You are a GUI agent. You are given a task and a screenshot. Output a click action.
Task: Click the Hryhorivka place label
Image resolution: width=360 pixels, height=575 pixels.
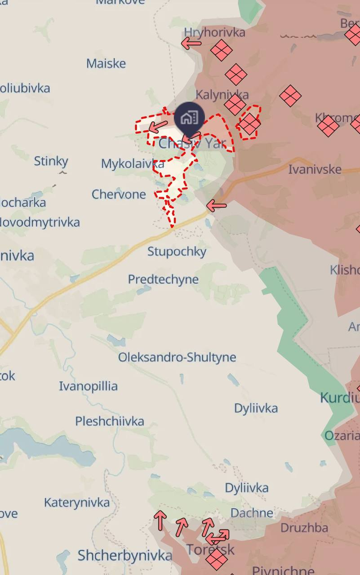click(215, 32)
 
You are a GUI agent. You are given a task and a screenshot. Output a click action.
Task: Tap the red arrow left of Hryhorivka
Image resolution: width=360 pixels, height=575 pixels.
click(191, 44)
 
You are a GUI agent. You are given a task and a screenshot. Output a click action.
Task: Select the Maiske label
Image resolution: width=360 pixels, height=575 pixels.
click(106, 63)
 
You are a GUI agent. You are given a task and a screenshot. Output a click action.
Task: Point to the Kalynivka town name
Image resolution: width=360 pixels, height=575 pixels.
click(222, 94)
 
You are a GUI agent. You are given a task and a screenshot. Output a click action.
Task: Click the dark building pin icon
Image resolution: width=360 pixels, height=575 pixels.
click(190, 119)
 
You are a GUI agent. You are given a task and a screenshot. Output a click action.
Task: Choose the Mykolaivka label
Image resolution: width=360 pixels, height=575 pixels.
click(132, 164)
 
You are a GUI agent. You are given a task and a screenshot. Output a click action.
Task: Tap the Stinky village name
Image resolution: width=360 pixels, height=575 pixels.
click(51, 161)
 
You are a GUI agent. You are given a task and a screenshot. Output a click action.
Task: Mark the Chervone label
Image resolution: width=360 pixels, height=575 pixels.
click(119, 195)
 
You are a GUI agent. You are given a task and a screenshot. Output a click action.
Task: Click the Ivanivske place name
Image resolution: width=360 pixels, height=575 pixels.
click(315, 169)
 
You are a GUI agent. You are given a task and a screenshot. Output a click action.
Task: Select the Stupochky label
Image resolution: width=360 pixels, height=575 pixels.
click(177, 252)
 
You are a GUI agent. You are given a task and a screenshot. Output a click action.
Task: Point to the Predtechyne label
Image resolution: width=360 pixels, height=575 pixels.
click(163, 279)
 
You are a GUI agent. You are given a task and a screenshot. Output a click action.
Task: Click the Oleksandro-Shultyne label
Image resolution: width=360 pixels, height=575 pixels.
click(177, 358)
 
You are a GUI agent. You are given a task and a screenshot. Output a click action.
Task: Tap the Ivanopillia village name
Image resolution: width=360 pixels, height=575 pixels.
click(89, 386)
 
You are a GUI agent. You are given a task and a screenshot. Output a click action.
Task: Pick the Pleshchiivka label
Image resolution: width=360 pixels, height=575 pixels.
click(110, 421)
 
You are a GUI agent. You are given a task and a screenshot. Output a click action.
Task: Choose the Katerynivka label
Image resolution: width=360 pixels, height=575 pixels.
click(77, 502)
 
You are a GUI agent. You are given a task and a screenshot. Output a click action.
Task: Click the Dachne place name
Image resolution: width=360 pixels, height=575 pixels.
click(252, 513)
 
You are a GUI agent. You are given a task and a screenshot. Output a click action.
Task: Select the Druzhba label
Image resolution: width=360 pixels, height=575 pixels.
click(304, 528)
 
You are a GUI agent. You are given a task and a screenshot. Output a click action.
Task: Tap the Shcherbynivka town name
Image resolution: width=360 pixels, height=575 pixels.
click(124, 556)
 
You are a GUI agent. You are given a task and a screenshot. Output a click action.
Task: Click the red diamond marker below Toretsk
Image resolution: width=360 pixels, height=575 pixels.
click(217, 559)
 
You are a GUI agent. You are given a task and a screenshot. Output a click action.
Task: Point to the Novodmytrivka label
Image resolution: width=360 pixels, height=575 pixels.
click(40, 222)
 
